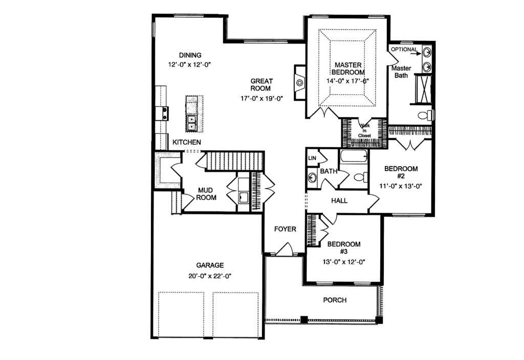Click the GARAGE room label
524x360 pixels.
click(x=210, y=265)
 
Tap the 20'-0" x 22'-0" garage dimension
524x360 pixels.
click(x=210, y=276)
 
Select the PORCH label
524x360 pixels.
click(x=335, y=300)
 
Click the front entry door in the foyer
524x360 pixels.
click(x=285, y=250)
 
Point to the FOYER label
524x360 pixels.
click(x=285, y=229)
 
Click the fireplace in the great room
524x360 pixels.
click(x=299, y=82)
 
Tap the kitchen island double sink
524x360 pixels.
click(x=191, y=123)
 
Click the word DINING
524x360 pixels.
click(x=190, y=55)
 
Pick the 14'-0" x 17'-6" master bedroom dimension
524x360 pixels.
click(x=348, y=81)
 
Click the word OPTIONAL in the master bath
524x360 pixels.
click(x=404, y=50)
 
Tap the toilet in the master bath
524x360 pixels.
click(x=425, y=115)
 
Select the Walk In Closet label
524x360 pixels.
click(x=364, y=130)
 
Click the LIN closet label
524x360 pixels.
click(x=312, y=158)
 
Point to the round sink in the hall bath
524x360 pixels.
click(x=312, y=177)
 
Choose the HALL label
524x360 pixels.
click(x=339, y=200)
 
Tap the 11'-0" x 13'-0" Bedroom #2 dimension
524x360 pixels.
click(x=401, y=186)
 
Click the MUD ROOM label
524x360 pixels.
click(x=206, y=194)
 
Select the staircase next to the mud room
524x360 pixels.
click(x=234, y=161)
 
